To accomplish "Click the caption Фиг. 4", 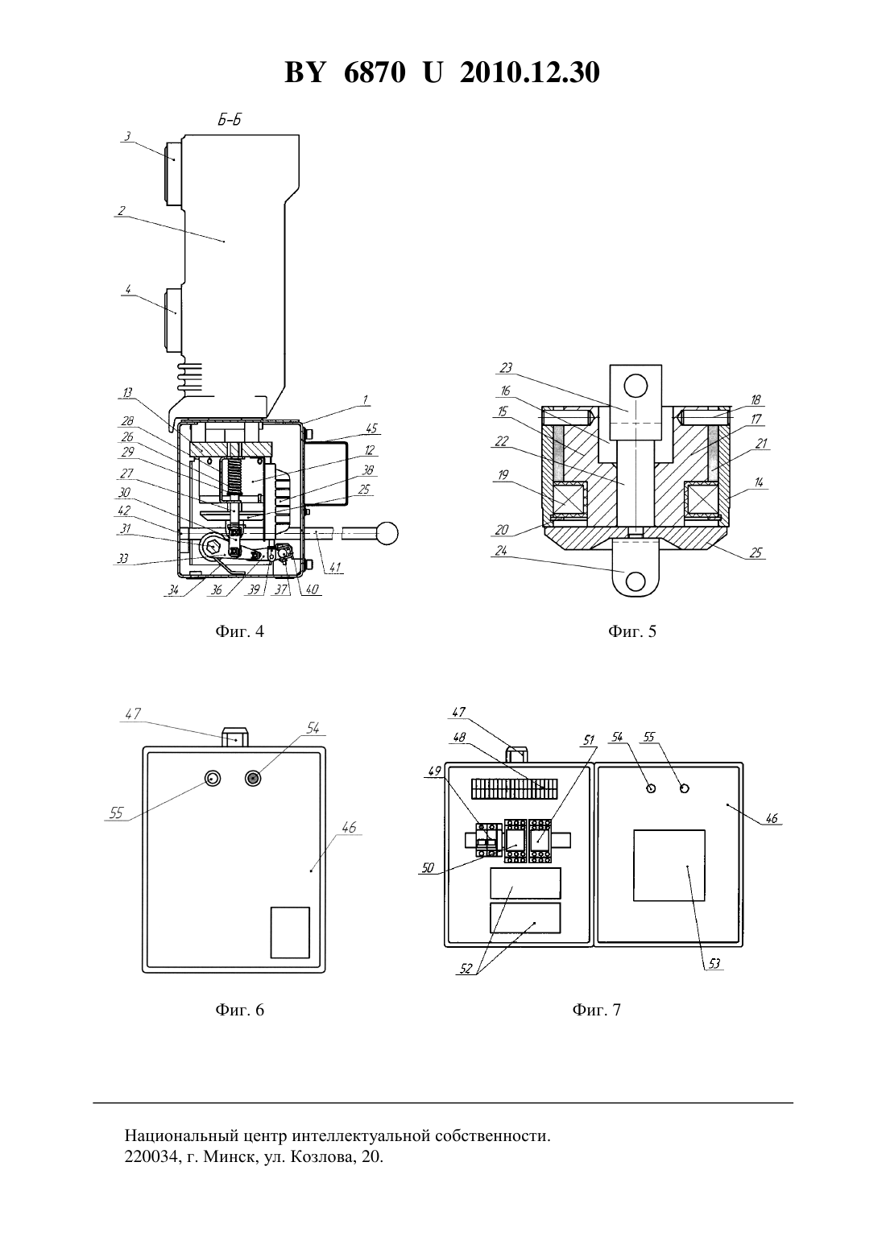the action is click(239, 631).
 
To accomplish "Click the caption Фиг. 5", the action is click(632, 631).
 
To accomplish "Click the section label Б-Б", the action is click(230, 120).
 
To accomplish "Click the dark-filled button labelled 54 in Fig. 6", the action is click(254, 778).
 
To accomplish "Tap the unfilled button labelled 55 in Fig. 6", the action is click(213, 778).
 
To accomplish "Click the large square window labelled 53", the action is click(669, 866).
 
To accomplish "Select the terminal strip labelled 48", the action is click(514, 789).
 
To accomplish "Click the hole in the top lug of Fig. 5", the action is click(636, 386).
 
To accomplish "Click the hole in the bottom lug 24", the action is click(636, 581).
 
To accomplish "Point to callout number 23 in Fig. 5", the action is click(506, 367).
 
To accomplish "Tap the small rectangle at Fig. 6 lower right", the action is click(290, 933).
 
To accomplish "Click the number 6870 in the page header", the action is click(375, 72).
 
